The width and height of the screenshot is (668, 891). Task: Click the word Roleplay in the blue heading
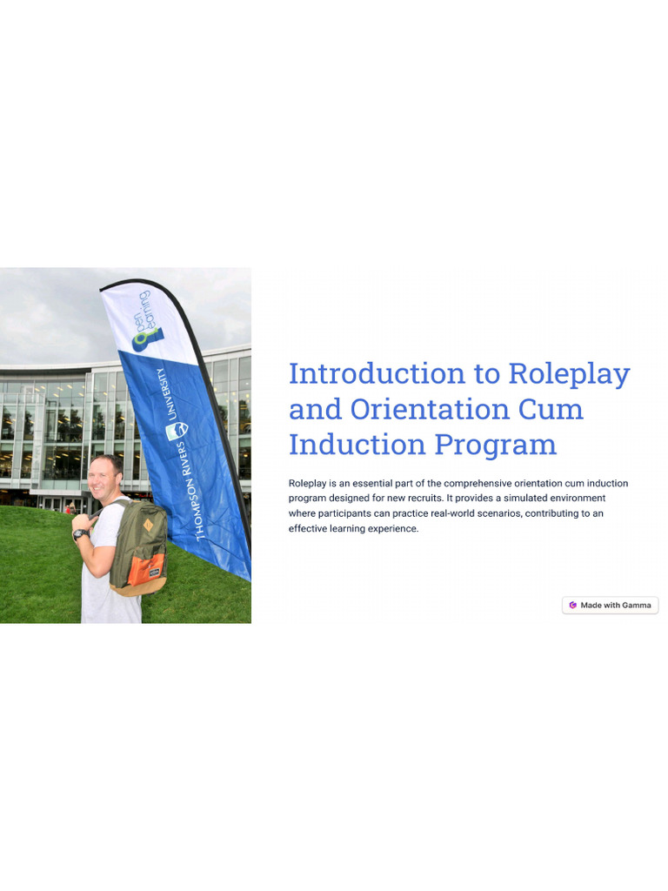(x=569, y=374)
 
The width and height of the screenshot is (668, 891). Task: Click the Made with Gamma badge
(x=610, y=606)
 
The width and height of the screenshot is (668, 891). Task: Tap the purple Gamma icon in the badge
(x=572, y=606)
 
